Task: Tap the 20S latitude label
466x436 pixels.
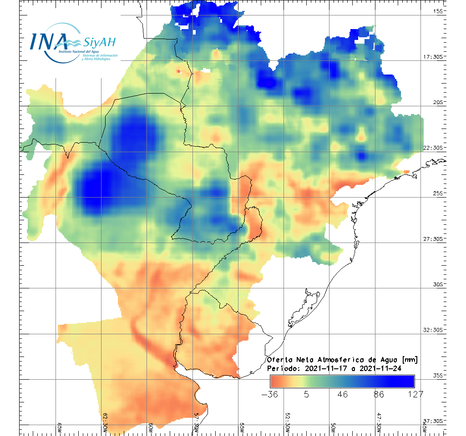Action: pyautogui.click(x=438, y=102)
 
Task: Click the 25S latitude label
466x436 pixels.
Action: pyautogui.click(x=438, y=193)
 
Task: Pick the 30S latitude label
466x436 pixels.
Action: pyautogui.click(x=438, y=284)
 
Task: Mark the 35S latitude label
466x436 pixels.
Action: pyautogui.click(x=438, y=375)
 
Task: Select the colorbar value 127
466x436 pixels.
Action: pyautogui.click(x=415, y=394)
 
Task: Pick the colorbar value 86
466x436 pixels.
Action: pyautogui.click(x=379, y=394)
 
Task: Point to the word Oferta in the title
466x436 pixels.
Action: pyautogui.click(x=279, y=360)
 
